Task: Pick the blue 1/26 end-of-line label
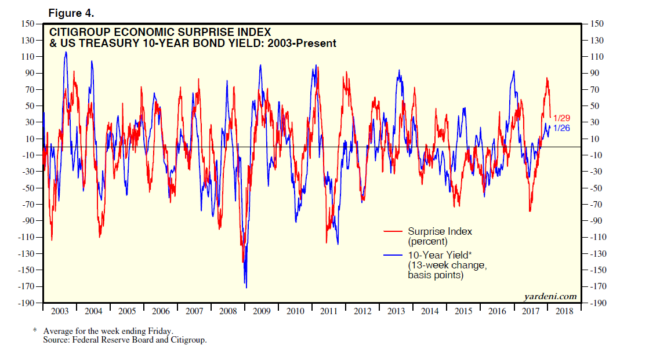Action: pos(561,128)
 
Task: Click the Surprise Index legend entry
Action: pos(440,231)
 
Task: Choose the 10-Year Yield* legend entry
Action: pos(439,255)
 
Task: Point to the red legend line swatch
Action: pos(394,231)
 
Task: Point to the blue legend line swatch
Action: pos(394,255)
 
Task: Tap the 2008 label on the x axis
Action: pos(228,311)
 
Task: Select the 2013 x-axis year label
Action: pos(396,311)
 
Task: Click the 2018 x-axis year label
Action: pos(564,311)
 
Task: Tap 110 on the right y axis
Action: pos(597,57)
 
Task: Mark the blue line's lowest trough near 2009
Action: pos(246,288)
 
